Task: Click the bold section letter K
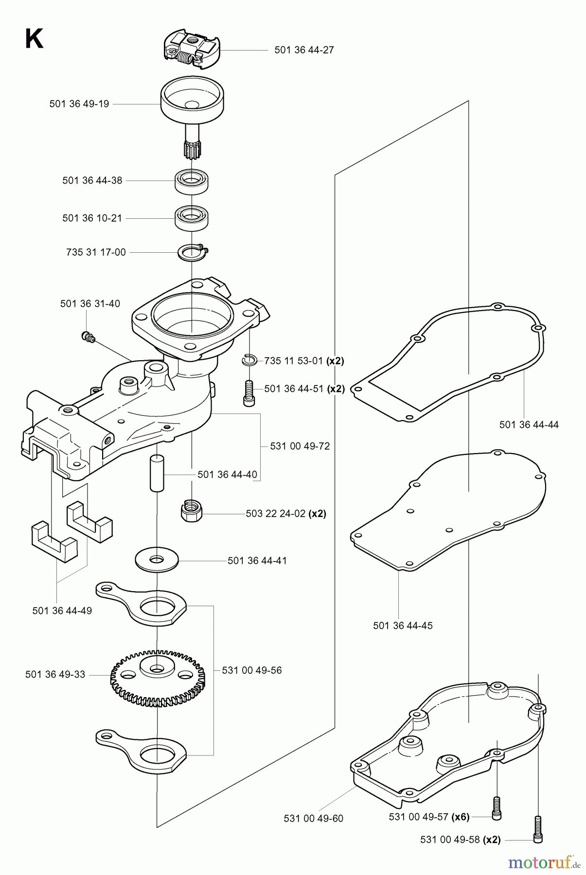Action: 34,39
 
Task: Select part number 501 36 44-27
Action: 304,50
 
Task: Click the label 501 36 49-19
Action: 79,104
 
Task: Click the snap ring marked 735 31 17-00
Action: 193,253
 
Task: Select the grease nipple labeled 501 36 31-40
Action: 88,336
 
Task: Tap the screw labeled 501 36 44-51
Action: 248,392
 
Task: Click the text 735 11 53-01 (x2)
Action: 304,361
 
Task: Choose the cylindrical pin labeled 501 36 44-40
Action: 156,472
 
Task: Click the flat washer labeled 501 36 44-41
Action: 157,560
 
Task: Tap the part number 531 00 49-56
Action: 251,670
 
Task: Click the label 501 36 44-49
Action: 62,611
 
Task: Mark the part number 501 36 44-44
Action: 529,425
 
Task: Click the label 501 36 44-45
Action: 403,626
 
